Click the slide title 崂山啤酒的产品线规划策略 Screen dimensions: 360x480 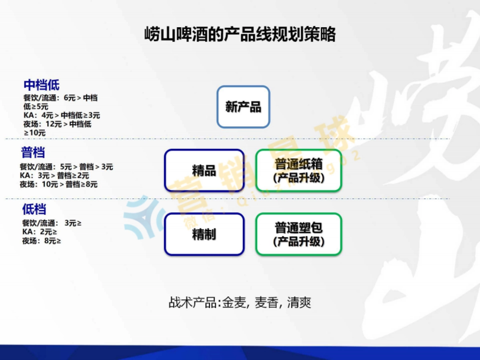click(240, 35)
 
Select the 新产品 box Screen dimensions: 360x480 click(243, 107)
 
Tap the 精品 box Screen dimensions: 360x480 click(204, 171)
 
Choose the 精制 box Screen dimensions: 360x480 click(204, 234)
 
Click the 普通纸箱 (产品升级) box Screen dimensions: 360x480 click(298, 171)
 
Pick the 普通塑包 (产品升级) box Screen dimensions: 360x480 click(298, 234)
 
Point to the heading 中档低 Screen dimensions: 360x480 click(42, 85)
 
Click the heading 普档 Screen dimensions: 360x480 click(33, 152)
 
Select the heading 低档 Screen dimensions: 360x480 click(34, 209)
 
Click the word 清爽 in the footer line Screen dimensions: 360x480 click(299, 302)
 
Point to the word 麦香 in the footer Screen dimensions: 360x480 click(266, 302)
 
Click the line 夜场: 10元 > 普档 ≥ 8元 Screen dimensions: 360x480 click(59, 184)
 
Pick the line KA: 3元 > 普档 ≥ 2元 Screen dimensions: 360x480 click(54, 176)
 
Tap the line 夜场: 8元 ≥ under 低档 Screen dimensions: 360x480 click(42, 241)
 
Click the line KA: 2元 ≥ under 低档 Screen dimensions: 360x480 click(39, 232)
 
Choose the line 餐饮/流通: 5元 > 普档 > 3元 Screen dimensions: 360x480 click(66, 167)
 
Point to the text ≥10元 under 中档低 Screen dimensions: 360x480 click(35, 133)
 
